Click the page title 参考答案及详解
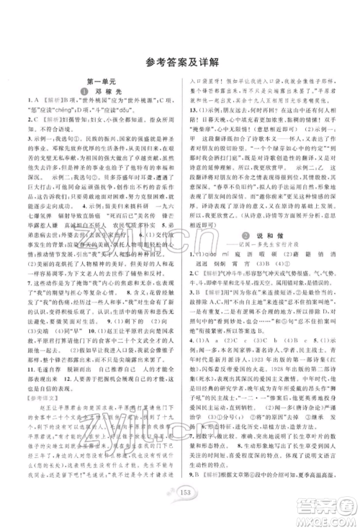(x=179, y=60)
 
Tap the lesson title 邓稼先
(x=100, y=94)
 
